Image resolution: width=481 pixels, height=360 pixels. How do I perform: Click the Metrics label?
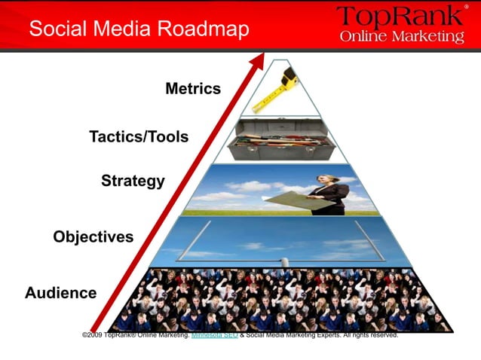(193, 89)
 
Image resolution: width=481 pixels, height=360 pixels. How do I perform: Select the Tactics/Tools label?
(139, 137)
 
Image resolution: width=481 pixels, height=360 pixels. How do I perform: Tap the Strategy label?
(133, 181)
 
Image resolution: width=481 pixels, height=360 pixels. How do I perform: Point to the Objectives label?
(93, 236)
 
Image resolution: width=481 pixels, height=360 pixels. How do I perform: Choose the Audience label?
(61, 292)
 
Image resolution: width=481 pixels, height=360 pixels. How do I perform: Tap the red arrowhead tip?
(260, 58)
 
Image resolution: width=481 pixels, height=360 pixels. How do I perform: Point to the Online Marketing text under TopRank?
(401, 37)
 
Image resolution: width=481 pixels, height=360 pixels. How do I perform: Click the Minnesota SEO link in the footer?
(215, 334)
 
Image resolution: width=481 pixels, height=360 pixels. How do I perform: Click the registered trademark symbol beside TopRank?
(466, 7)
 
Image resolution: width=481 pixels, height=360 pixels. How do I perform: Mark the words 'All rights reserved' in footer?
(370, 334)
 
